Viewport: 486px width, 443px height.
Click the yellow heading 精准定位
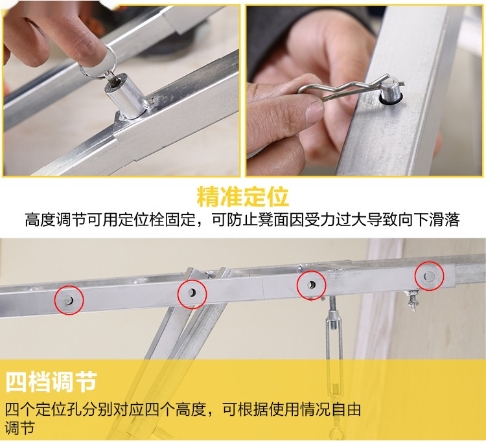point(243,196)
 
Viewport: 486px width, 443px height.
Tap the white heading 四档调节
point(51,381)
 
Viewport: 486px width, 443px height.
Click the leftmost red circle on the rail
point(69,300)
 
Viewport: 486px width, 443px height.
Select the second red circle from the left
point(192,293)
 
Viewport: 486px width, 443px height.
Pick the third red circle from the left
point(311,285)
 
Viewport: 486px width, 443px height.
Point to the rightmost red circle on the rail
point(430,276)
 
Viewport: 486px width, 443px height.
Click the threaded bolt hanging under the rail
point(332,312)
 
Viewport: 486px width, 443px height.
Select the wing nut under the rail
point(411,299)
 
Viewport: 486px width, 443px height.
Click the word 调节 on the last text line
point(20,428)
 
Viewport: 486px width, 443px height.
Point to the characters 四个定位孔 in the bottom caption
point(43,409)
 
